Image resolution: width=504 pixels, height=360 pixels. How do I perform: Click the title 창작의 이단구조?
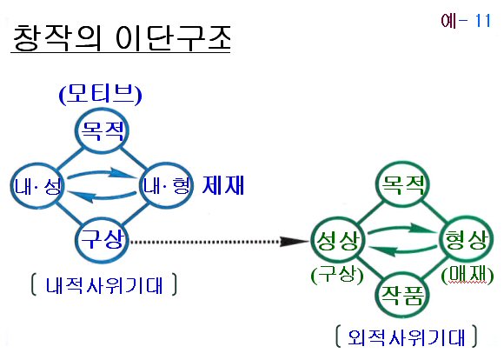[x=122, y=38]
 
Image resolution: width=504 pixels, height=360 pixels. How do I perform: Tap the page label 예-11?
[x=466, y=21]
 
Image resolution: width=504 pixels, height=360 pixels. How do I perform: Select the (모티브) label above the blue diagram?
[x=100, y=94]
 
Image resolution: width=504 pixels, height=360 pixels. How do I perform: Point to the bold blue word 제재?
[x=223, y=185]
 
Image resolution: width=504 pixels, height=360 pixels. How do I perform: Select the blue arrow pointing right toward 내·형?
[x=103, y=174]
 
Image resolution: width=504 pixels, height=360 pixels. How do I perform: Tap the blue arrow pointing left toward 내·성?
[x=103, y=197]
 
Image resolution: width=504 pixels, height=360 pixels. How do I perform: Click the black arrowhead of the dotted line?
[x=294, y=242]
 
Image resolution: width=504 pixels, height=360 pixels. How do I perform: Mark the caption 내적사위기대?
[x=104, y=284]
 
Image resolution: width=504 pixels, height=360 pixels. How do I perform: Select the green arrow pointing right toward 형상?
[x=401, y=229]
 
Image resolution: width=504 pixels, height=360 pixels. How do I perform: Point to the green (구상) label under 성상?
[x=337, y=276]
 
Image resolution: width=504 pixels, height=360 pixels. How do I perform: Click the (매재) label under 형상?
[x=468, y=276]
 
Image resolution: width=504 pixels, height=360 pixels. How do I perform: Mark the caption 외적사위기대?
[x=407, y=337]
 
